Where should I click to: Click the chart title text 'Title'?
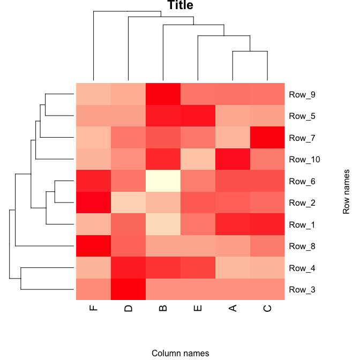(x=180, y=6)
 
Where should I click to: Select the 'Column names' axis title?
(x=180, y=353)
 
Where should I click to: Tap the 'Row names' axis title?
(x=347, y=192)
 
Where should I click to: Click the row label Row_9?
(x=302, y=95)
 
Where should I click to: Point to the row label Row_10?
(x=304, y=160)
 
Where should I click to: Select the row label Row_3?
(x=302, y=289)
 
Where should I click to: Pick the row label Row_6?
(x=302, y=181)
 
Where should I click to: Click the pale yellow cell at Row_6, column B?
(x=163, y=181)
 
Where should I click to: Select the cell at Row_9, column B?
(x=163, y=95)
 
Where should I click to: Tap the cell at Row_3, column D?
(x=128, y=289)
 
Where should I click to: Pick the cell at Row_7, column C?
(x=267, y=138)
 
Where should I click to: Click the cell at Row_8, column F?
(x=93, y=246)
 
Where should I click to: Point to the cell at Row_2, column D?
(x=128, y=202)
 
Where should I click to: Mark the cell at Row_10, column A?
(x=232, y=160)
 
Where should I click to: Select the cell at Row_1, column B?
(x=163, y=224)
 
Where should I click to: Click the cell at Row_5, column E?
(x=198, y=116)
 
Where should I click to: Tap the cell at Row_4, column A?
(x=232, y=268)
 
